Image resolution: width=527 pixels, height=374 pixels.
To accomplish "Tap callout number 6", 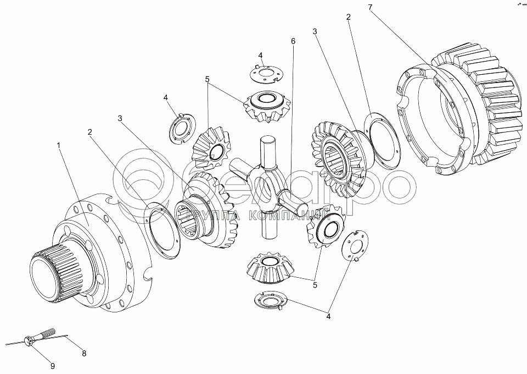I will (x=293, y=41).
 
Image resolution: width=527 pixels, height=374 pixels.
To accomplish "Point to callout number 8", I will (x=84, y=354).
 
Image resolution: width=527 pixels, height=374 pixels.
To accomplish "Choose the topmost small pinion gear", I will (x=266, y=106).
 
